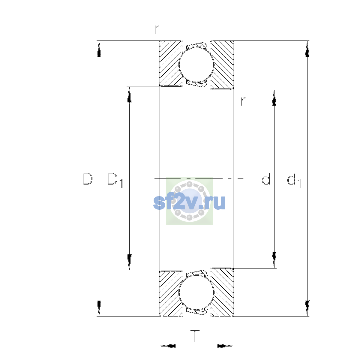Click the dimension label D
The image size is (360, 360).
coord(87,179)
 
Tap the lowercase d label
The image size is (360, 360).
coord(266,179)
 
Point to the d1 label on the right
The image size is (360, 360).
coord(294,180)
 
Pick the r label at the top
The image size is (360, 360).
coord(157,29)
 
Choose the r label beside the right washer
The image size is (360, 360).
coord(243,101)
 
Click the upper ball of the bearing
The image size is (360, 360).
coord(196,64)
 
